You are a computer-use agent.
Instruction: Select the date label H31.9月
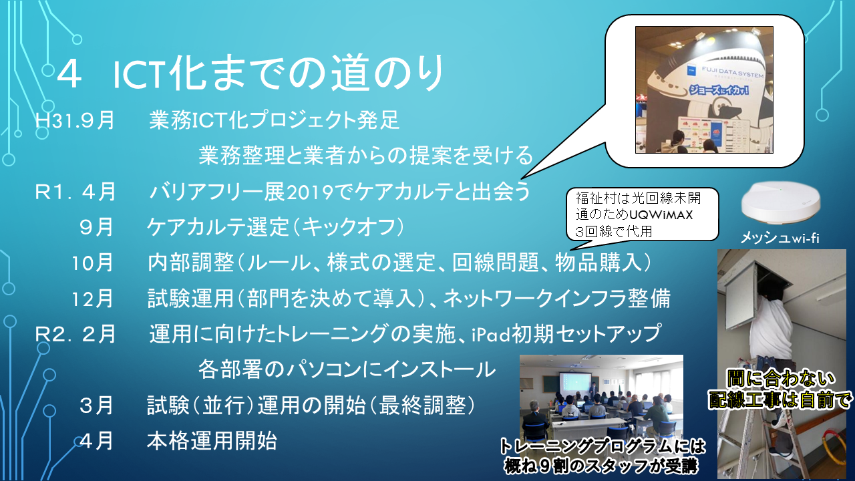(x=75, y=120)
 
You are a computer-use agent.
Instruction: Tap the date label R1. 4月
(x=75, y=192)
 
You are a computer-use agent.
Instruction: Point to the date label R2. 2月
(x=75, y=333)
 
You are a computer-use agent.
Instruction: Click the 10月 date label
(x=93, y=263)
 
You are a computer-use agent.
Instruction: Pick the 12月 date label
(x=93, y=299)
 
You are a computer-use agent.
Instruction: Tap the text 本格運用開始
(x=212, y=441)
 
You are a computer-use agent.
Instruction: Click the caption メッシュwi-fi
(x=780, y=238)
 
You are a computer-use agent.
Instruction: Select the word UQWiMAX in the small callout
(x=661, y=215)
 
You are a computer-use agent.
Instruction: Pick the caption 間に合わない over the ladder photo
(x=782, y=379)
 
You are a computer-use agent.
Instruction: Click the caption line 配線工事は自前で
(x=780, y=400)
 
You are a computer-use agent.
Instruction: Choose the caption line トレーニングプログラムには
(x=603, y=447)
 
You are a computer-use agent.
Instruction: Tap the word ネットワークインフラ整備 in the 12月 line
(x=556, y=299)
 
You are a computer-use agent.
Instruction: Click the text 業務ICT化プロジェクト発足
(x=274, y=120)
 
